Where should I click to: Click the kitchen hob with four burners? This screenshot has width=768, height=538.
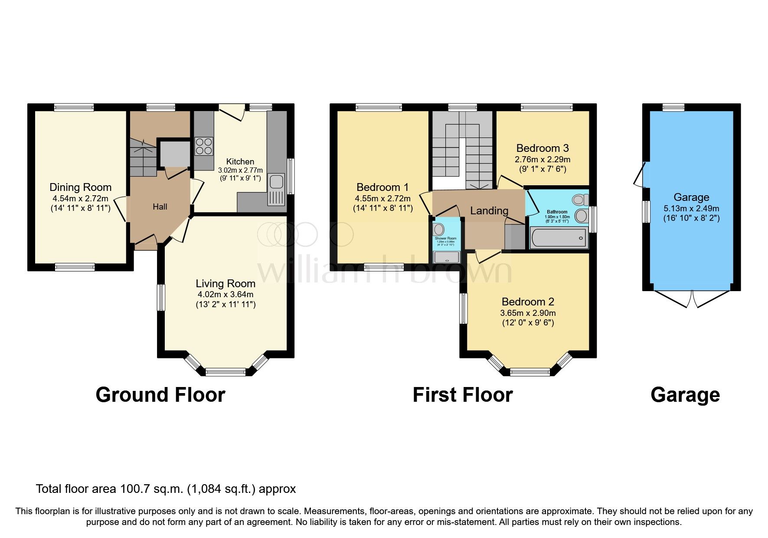point(204,146)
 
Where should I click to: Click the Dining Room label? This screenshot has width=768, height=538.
point(80,187)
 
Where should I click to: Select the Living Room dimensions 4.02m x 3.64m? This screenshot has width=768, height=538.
point(225,295)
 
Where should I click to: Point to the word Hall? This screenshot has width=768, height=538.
point(160,207)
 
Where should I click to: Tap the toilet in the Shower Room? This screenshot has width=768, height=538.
point(438,229)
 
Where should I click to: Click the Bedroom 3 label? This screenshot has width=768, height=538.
point(543,148)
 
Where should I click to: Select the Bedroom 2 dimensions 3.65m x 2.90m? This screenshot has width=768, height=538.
point(528,313)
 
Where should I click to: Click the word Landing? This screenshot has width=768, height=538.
point(489,211)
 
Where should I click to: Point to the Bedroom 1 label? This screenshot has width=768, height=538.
point(382,187)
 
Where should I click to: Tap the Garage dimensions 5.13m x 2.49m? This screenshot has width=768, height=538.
point(691,208)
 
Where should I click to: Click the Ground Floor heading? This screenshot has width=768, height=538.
point(160,395)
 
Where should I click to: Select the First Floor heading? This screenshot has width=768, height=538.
point(462,395)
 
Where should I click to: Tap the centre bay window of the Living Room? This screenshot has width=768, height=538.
point(225,371)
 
